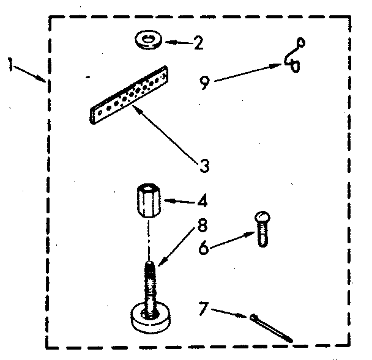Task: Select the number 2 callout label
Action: tap(197, 43)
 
